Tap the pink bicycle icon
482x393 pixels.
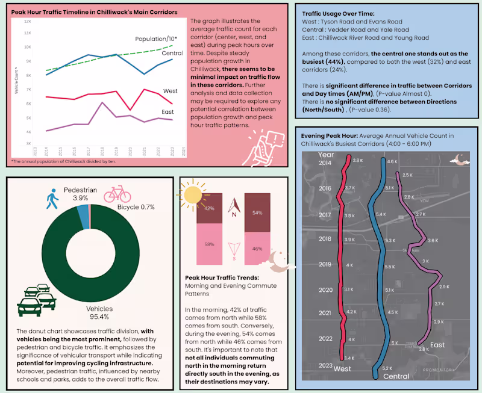pos(117,194)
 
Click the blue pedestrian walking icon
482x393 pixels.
pos(49,201)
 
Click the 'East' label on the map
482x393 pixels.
pos(438,345)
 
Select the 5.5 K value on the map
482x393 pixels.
pos(390,266)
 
